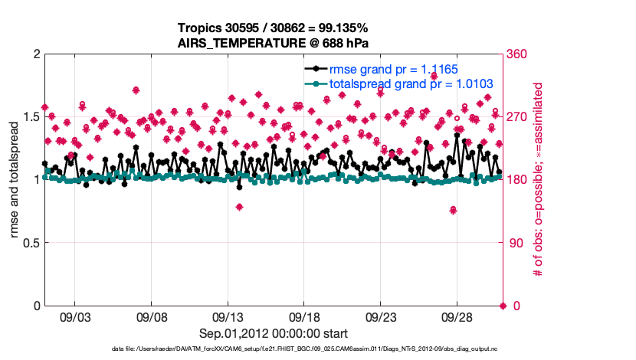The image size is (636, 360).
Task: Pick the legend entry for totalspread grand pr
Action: click(x=410, y=83)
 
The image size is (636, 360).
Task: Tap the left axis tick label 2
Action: click(x=35, y=54)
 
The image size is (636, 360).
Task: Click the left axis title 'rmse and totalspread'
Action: click(x=15, y=179)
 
